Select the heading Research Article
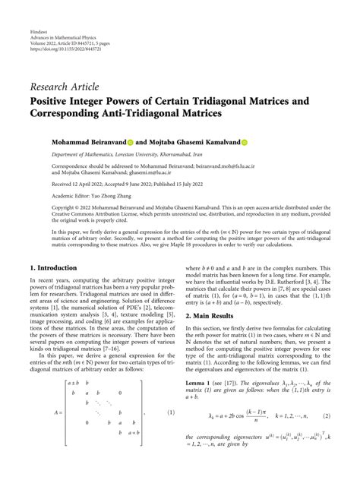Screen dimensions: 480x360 65,87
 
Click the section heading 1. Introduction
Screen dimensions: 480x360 53,268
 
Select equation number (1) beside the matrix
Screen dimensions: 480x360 172,413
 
